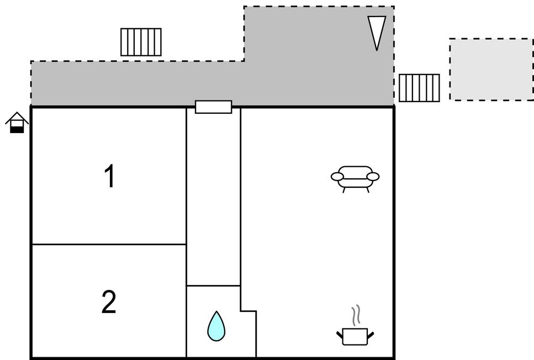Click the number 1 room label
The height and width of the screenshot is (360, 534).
click(x=110, y=177)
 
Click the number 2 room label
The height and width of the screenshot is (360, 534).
click(x=109, y=302)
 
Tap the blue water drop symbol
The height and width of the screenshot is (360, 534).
click(x=216, y=326)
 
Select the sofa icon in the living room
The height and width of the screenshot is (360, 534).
click(x=355, y=178)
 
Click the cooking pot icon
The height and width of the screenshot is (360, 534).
click(x=355, y=335)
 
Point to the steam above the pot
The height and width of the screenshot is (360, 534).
click(x=357, y=315)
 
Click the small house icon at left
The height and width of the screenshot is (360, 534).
click(x=17, y=122)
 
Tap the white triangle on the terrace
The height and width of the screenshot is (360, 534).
click(x=377, y=32)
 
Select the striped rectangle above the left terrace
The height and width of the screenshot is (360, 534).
click(x=141, y=42)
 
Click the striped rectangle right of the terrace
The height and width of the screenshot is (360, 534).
click(x=419, y=88)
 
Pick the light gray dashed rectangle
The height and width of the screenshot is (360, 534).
click(x=491, y=69)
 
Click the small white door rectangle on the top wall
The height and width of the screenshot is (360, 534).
click(x=213, y=107)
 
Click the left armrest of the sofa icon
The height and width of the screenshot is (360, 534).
click(x=337, y=177)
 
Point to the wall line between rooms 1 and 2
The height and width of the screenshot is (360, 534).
click(x=109, y=244)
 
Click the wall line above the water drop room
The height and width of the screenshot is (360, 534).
click(x=213, y=285)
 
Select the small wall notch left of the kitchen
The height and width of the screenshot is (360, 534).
click(x=248, y=311)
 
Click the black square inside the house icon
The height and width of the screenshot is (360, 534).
click(x=17, y=129)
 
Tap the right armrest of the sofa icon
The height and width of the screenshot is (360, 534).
click(x=373, y=177)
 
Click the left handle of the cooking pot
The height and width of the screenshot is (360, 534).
click(x=340, y=334)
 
